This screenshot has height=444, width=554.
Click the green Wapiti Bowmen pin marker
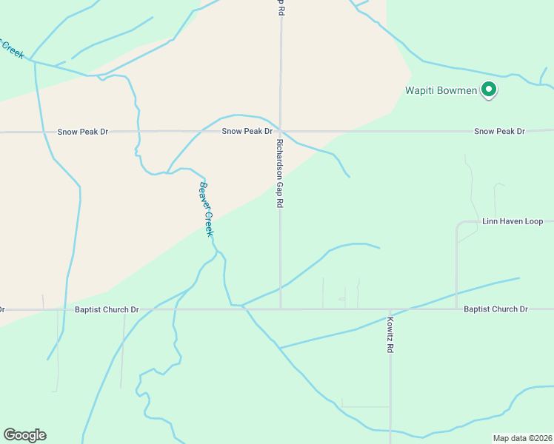coord(488,90)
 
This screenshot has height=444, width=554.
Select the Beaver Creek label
coord(206,209)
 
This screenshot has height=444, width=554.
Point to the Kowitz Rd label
coord(390,334)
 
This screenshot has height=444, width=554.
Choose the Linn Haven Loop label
coord(513,221)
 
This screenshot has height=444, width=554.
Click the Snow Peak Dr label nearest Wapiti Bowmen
coord(499,131)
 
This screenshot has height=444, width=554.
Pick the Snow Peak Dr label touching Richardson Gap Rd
coord(247,131)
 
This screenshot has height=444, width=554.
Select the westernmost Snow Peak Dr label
coord(83,132)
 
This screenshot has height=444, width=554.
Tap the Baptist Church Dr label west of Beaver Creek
coord(107,309)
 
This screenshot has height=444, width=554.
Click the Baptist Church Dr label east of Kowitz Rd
coord(495,309)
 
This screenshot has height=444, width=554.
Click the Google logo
coord(24,435)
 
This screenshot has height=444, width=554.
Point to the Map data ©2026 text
coord(521,438)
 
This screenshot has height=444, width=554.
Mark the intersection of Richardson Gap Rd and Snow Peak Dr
coord(281,132)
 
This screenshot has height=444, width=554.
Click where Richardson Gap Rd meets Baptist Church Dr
coord(281,309)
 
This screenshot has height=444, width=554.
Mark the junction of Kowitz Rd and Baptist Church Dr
coord(390,309)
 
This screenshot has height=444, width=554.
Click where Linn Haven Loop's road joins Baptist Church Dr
coord(456,309)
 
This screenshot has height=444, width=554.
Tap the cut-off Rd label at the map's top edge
coord(281,8)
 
